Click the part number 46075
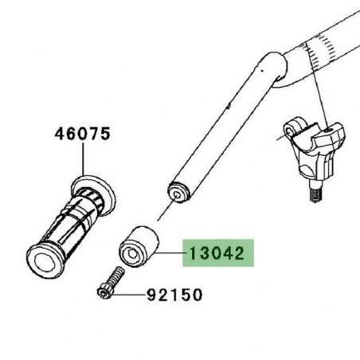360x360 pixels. point(81,135)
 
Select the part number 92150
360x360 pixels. point(174,295)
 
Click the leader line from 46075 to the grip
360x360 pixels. point(83,164)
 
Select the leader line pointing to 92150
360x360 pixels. point(132,295)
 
